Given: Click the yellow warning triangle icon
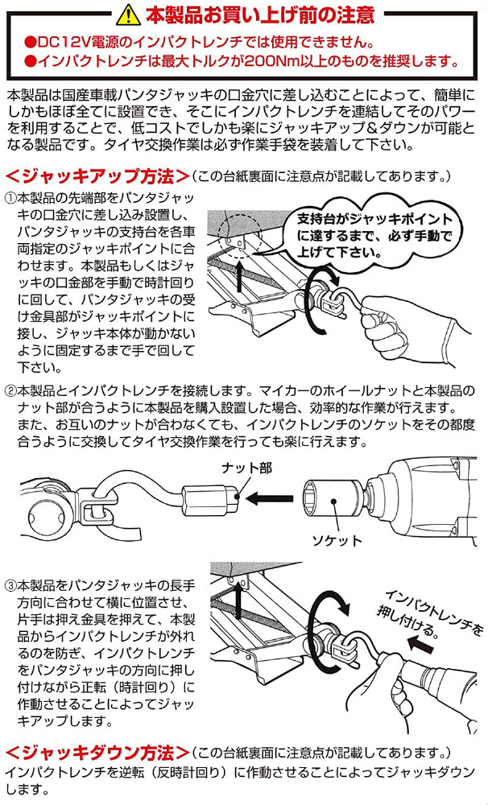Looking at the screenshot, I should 127,14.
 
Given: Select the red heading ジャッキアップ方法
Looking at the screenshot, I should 98,175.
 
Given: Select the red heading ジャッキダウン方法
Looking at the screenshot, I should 98,753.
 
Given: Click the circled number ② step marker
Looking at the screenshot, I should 10,390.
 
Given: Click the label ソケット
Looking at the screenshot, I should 337,540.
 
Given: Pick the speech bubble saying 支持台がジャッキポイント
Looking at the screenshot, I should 374,233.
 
